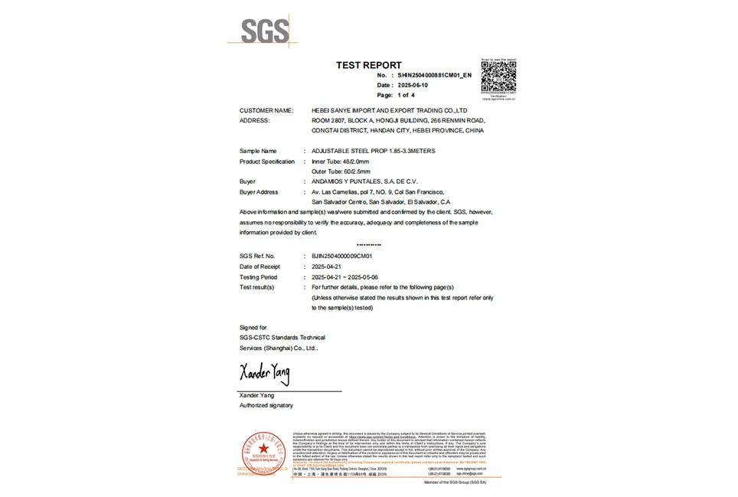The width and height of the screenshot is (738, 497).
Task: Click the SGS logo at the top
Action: [x=265, y=31]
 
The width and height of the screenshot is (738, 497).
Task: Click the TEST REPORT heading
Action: [x=368, y=65]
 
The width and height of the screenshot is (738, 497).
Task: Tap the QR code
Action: [x=498, y=78]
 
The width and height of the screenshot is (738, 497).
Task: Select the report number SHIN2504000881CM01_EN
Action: [x=435, y=76]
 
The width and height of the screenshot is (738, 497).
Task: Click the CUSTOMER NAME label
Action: [x=266, y=110]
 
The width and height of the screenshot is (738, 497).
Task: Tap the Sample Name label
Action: [x=258, y=151]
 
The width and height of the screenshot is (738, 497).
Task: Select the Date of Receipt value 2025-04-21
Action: [x=327, y=266]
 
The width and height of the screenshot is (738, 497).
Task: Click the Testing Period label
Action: [x=259, y=277]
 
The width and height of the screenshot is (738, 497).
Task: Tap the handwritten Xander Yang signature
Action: [x=265, y=374]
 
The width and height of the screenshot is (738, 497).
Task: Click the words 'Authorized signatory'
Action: [x=266, y=405]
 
